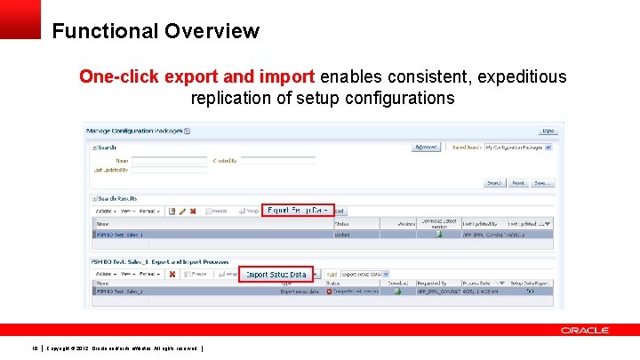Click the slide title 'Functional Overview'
coord(156,31)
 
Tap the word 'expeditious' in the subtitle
coord(522,76)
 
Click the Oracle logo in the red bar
coord(584,330)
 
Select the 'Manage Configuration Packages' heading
coord(134,131)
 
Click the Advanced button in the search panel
coord(426,147)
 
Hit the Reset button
coord(517,183)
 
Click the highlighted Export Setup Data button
coord(298,211)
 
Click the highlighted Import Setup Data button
coord(276,275)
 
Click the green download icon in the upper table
coord(438,234)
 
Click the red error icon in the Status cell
coord(329,291)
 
